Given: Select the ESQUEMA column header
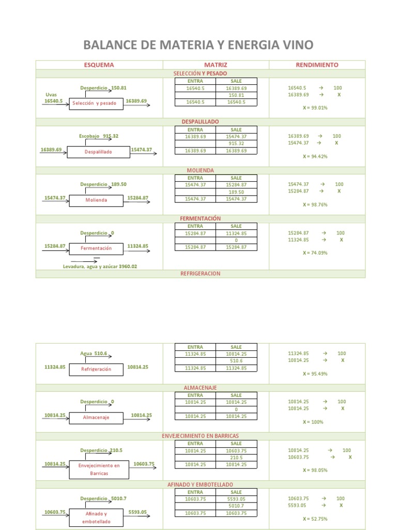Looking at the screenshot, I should pyautogui.click(x=99, y=65).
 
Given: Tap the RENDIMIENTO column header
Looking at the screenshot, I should pyautogui.click(x=317, y=65).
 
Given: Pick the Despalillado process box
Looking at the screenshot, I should pyautogui.click(x=98, y=152).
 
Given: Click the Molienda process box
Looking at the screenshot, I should pyautogui.click(x=97, y=200).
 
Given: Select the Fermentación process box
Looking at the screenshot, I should pyautogui.click(x=96, y=248).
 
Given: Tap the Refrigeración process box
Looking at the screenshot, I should pyautogui.click(x=96, y=369).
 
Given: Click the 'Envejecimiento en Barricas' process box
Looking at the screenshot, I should pyautogui.click(x=99, y=469).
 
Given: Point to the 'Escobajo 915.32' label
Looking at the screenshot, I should pyautogui.click(x=99, y=136).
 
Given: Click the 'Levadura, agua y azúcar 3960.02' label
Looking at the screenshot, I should pyautogui.click(x=100, y=266).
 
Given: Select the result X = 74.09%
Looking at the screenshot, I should pyautogui.click(x=315, y=253).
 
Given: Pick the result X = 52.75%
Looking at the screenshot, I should pyautogui.click(x=315, y=519).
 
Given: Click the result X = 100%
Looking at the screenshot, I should pyautogui.click(x=313, y=422).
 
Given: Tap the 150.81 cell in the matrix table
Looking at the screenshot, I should pyautogui.click(x=236, y=95).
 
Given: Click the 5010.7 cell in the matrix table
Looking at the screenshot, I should pyautogui.click(x=236, y=506).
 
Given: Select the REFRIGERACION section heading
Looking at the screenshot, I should pyautogui.click(x=200, y=273).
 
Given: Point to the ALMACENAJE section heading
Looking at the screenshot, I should pyautogui.click(x=200, y=388).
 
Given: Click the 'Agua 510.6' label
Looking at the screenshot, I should pyautogui.click(x=94, y=354).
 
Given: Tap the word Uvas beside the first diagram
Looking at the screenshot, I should pyautogui.click(x=52, y=95).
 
